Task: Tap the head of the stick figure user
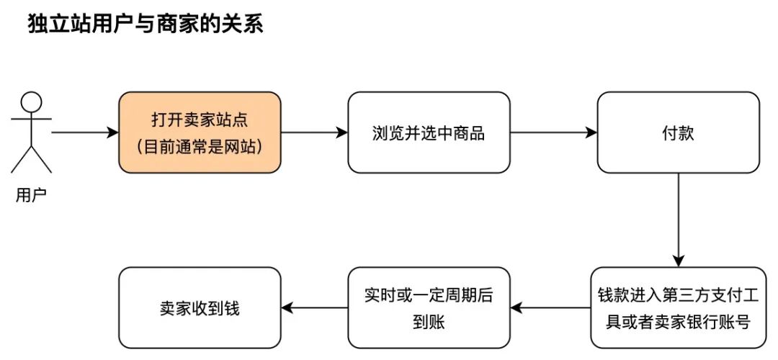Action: click(x=31, y=102)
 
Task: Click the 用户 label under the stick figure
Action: click(x=31, y=194)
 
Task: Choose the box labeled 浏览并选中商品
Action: click(x=429, y=132)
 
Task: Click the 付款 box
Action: click(x=678, y=132)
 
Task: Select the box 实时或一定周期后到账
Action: click(x=429, y=308)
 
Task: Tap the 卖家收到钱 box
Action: click(x=200, y=308)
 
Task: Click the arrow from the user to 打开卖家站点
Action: click(x=84, y=132)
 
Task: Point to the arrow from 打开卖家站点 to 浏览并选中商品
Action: click(x=313, y=132)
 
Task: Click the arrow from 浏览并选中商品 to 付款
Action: click(x=553, y=132)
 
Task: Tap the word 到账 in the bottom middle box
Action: click(x=429, y=322)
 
